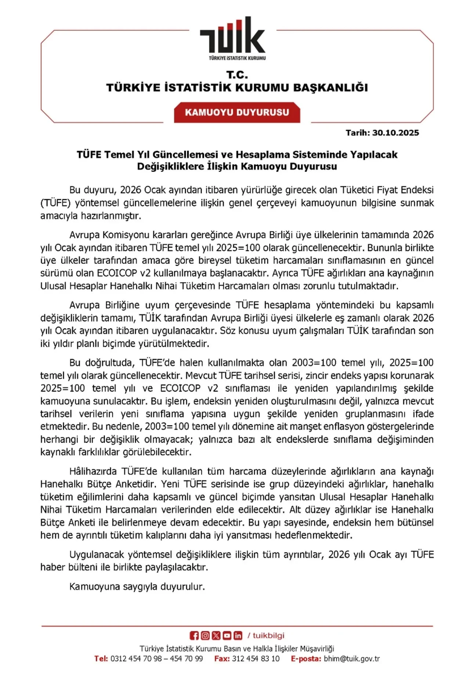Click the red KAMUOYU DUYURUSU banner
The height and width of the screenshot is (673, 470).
point(237,112)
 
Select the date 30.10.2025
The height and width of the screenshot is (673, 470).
point(395,133)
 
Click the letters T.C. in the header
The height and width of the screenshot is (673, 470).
point(237,75)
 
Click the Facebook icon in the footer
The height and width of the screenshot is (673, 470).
point(194,636)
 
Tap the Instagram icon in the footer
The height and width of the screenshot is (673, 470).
point(205,636)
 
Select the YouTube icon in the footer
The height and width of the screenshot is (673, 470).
point(227,636)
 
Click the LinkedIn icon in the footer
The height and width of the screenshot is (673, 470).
point(238,636)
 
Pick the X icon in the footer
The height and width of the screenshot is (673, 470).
point(216,636)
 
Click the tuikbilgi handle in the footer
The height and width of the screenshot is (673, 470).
point(268,636)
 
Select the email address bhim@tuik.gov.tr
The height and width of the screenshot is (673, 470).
point(352,659)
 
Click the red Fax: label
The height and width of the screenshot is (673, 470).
point(222,659)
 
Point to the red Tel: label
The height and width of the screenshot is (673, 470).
point(101,659)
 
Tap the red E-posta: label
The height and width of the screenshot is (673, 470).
point(306,659)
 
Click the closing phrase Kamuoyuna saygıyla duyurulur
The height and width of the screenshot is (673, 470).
point(137,587)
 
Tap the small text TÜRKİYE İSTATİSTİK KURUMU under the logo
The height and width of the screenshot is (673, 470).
point(237,58)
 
